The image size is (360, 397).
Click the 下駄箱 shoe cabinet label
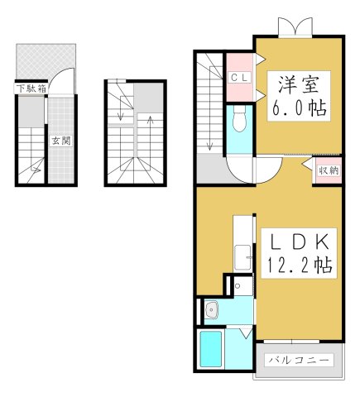point(30,87)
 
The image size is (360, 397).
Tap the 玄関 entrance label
point(60,140)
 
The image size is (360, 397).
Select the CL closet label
point(239,78)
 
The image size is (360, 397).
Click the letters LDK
point(298,242)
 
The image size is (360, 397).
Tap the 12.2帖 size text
point(298,266)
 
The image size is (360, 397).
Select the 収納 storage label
point(328,170)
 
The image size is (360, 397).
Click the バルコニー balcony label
point(300,361)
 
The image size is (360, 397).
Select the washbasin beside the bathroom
point(211,311)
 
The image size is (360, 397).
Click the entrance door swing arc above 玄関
point(60,83)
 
